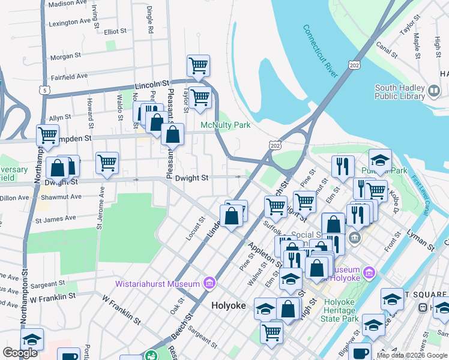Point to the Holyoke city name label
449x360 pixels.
229,305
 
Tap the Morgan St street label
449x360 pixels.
65,56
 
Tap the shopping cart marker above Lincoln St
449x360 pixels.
198,65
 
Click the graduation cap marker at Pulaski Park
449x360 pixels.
380,160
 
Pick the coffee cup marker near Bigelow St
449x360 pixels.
360,352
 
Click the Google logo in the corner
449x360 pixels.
20,353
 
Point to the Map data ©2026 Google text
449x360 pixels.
412,355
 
